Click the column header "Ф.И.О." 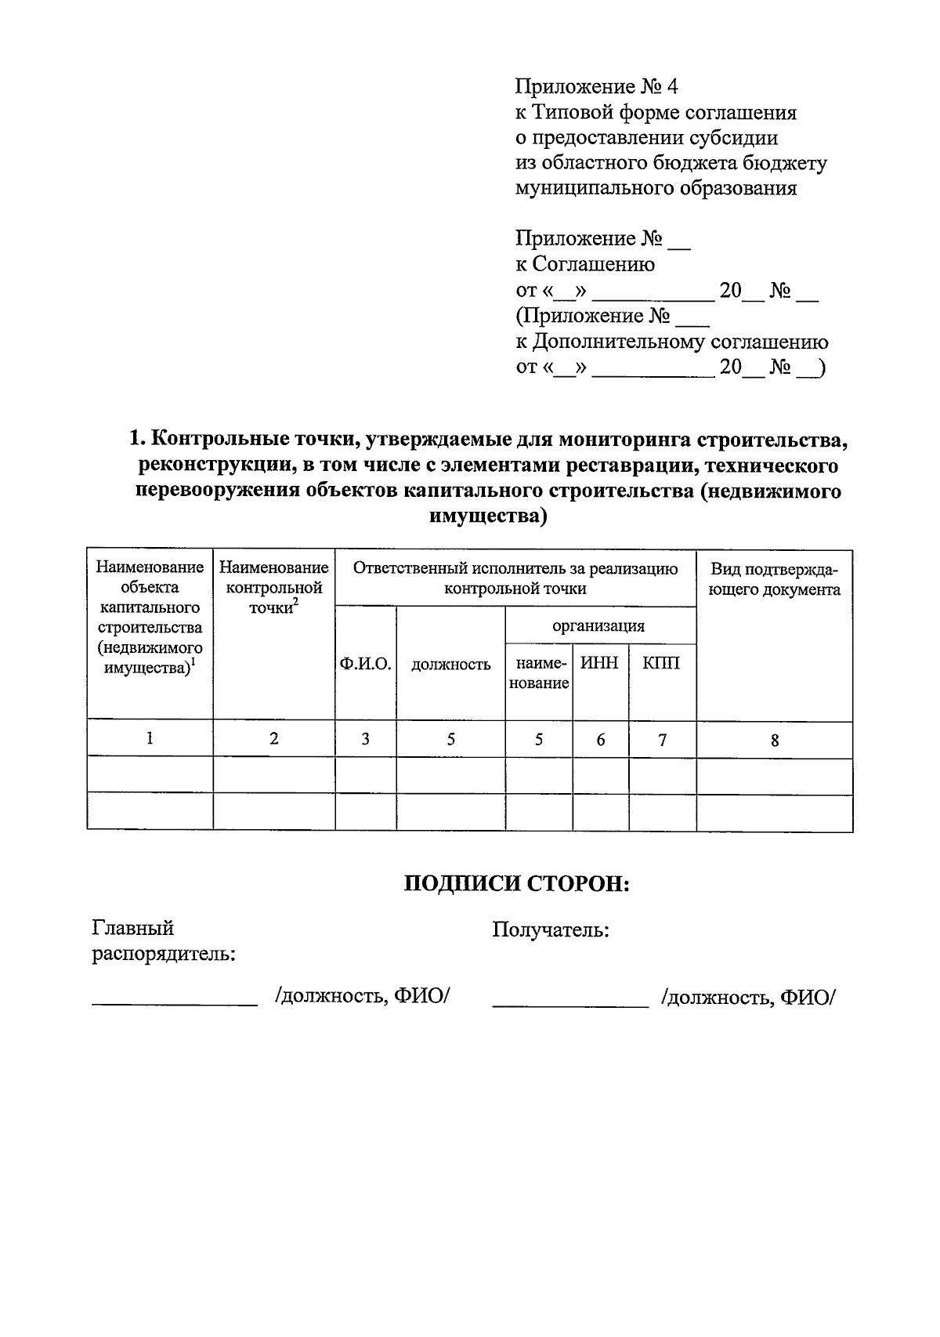click(365, 664)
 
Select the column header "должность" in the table click(451, 665)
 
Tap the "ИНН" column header click(599, 663)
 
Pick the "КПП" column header click(661, 663)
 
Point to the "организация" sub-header click(599, 625)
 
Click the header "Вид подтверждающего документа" click(774, 579)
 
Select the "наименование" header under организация click(538, 673)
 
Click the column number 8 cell click(774, 740)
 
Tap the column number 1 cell click(149, 738)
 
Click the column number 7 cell click(662, 739)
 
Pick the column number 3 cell click(365, 739)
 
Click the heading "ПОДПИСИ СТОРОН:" click(517, 884)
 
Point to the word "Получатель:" click(551, 930)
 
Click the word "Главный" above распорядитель click(133, 929)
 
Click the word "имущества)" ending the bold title click(488, 516)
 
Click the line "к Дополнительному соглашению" click(671, 342)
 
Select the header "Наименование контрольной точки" click(273, 587)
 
